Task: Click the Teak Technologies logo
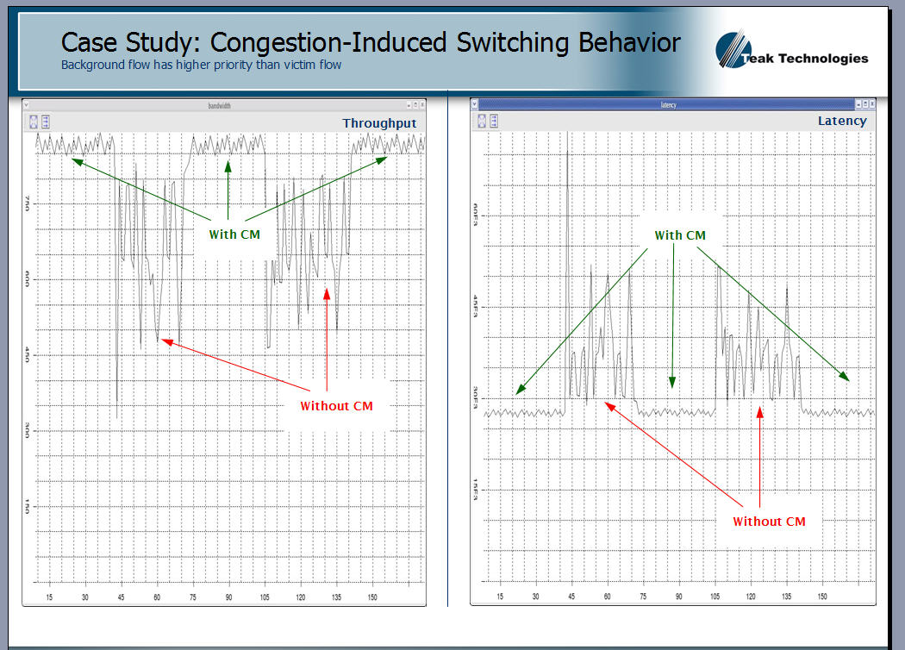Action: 792,51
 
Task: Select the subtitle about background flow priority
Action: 201,65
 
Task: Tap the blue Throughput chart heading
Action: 379,123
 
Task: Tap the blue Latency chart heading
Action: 842,121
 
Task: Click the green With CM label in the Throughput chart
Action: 234,234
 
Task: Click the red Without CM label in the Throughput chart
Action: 336,405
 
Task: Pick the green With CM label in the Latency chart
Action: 680,235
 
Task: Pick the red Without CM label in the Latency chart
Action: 769,521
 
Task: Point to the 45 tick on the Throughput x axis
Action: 122,597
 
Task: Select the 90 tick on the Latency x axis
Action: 678,596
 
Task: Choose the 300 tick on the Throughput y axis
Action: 28,430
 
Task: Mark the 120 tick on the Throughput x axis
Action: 301,597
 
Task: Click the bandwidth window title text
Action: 220,106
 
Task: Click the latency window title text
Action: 668,105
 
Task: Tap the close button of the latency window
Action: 870,104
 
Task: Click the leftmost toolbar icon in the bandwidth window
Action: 34,122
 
